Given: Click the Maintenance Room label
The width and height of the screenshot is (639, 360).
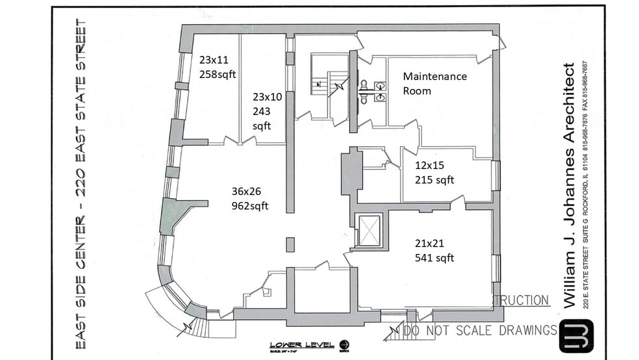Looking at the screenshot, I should click(434, 83).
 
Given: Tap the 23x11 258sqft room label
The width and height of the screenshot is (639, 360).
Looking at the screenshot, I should click(217, 67).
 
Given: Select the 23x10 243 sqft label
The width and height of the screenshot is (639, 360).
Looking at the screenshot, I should click(267, 111).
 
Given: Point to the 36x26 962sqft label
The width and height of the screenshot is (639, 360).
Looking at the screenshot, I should click(249, 199).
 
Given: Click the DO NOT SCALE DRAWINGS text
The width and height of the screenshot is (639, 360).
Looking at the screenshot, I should click(480, 330).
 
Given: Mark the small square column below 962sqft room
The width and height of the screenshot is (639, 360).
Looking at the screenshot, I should click(290, 244).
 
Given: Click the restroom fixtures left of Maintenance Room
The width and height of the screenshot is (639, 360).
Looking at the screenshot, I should click(373, 91).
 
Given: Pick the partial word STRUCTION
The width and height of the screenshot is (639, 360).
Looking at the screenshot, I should click(521, 301).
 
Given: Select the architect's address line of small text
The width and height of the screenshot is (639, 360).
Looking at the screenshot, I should click(588, 185).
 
